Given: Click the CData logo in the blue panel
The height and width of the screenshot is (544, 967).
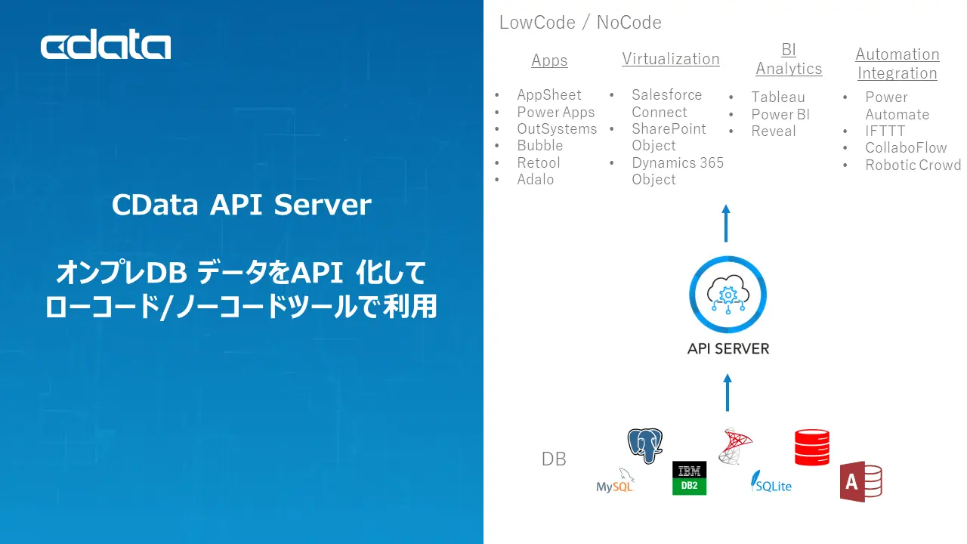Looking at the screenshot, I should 106,47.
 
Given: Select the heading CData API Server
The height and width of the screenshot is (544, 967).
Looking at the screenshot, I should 241,205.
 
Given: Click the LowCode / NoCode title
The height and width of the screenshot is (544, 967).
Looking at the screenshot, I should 580,23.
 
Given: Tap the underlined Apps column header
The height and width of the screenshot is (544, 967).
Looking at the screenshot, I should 549,60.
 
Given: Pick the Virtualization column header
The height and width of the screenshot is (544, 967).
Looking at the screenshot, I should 670,59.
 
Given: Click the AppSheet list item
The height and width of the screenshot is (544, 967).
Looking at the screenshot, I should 548,94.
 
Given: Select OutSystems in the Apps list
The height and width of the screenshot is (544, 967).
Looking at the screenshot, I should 556,128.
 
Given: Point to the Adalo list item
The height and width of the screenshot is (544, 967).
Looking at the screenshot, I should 535,179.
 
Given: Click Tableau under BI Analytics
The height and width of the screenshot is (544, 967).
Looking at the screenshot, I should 777,97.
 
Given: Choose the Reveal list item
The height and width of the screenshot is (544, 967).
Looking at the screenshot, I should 773,131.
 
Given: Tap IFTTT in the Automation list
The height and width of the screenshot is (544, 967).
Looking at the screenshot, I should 885,131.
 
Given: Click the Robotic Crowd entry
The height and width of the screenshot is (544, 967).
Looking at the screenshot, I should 913,165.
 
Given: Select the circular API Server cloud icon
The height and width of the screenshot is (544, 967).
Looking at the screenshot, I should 728,295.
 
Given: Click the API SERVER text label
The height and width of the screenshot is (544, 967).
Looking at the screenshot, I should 728,348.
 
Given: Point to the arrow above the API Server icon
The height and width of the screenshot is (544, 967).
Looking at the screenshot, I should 726,223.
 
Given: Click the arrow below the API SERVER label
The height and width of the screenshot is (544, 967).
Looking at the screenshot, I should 728,392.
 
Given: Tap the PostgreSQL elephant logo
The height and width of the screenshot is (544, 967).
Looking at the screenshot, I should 645,445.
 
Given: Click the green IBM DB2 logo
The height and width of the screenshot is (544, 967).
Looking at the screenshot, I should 689,478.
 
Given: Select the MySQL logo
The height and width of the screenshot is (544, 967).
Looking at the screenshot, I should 615,482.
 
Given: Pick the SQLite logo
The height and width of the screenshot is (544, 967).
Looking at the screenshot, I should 771,482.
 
